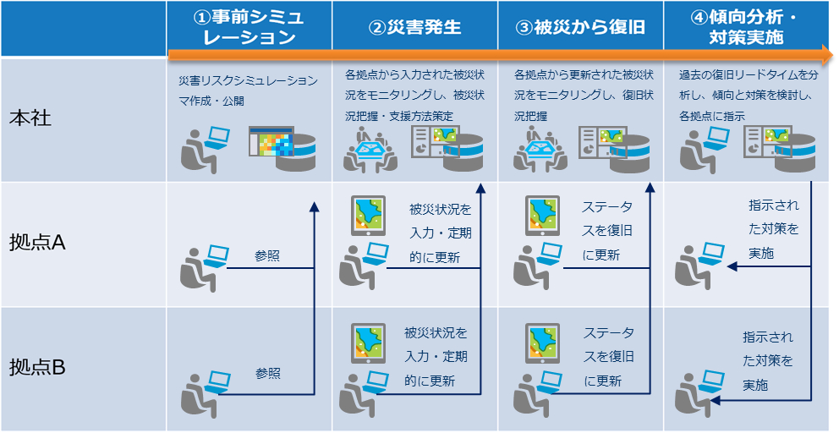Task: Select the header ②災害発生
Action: (x=414, y=27)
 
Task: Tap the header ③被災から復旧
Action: (x=580, y=27)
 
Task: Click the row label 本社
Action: (x=30, y=118)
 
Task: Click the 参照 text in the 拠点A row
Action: (x=267, y=255)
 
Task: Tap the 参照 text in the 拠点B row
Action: (x=267, y=373)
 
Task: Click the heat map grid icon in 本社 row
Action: (x=270, y=142)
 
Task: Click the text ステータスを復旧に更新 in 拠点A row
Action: (x=607, y=230)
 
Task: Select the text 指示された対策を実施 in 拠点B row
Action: (x=768, y=360)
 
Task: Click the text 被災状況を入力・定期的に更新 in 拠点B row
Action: (x=435, y=357)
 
